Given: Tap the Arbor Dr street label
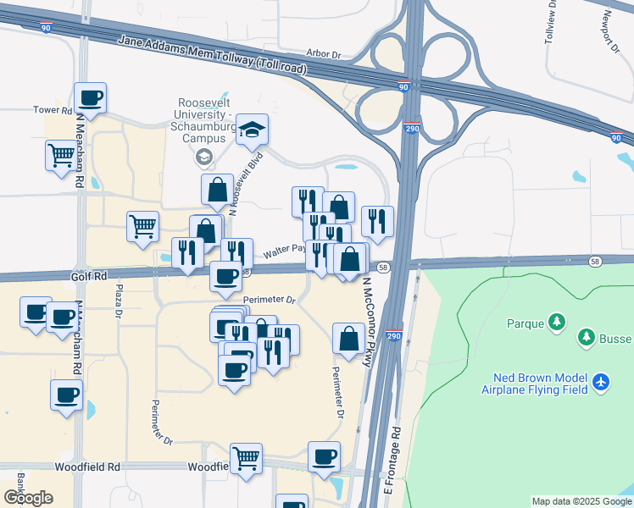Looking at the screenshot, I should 323,54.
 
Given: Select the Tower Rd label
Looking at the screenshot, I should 53,110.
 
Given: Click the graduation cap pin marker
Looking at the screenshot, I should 252,130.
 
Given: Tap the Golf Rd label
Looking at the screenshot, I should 88,276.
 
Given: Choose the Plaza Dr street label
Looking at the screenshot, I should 119,301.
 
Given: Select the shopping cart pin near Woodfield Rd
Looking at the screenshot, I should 246,458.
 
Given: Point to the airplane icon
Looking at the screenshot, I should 601,383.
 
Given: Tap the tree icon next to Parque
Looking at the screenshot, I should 557,323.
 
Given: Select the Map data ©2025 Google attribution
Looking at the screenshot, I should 581,501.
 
